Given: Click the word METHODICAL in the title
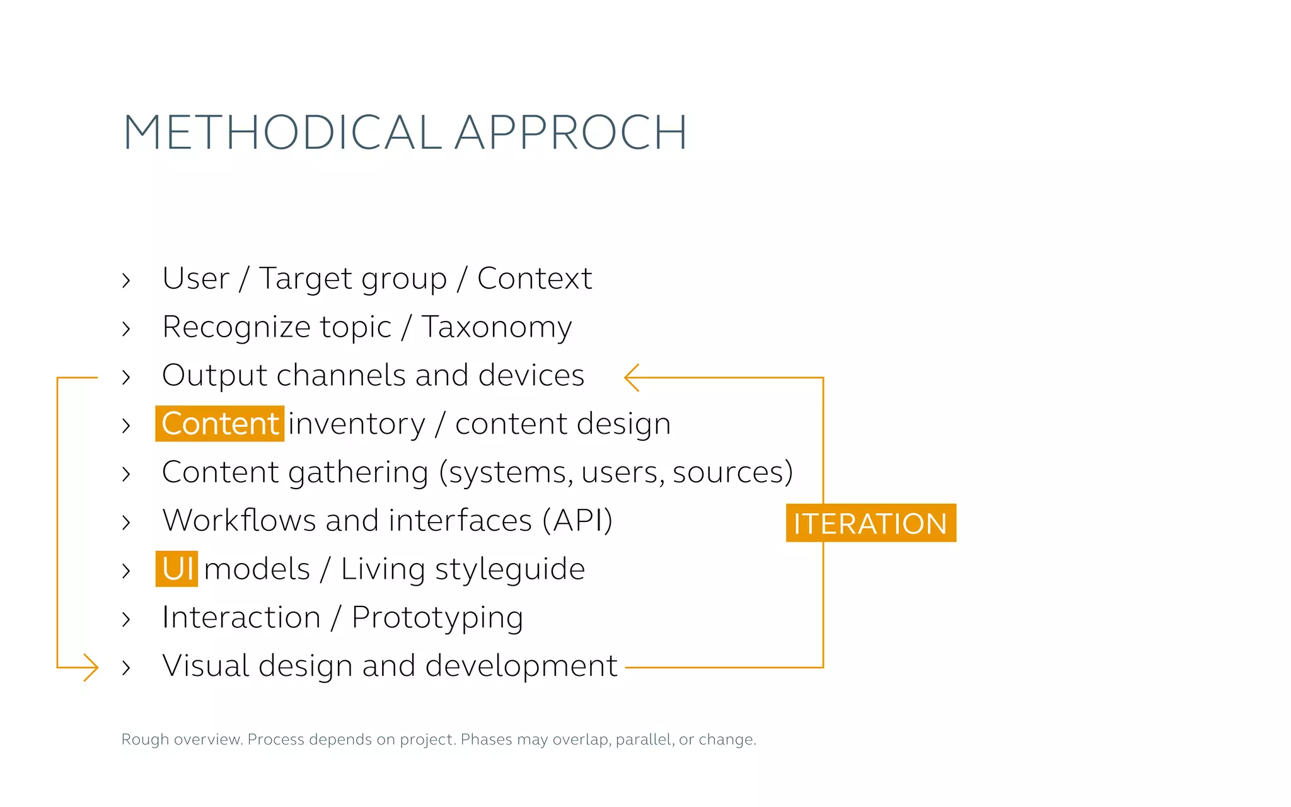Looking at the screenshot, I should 282,132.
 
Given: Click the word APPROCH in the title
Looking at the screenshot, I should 570,132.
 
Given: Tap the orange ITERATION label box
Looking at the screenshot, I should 871,523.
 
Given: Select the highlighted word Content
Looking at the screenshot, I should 220,424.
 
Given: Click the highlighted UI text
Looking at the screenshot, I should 177,569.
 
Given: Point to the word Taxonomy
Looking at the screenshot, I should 496,328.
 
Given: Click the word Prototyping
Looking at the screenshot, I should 437,618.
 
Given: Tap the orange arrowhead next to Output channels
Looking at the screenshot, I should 632,377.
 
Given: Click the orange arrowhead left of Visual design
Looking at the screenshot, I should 90,667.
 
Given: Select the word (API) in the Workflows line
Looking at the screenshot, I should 577,521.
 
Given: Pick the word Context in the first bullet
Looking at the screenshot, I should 534,279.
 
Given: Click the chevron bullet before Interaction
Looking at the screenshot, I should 126,619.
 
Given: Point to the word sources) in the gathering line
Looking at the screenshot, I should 732,473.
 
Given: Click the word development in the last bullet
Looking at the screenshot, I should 521,666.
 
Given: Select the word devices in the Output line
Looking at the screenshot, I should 531,375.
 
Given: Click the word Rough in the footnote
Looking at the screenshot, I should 145,740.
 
